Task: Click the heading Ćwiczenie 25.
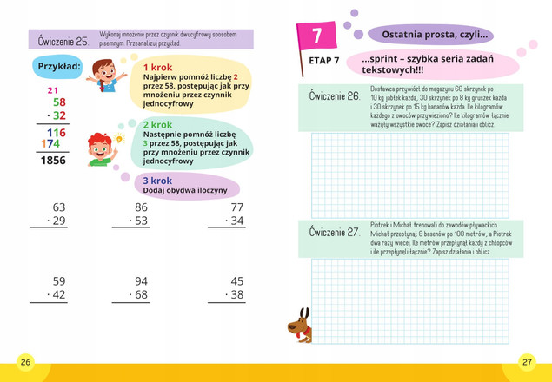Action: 64,41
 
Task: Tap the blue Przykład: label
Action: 60,67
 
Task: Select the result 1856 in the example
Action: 53,161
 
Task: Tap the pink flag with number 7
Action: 316,36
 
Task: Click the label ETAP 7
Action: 324,62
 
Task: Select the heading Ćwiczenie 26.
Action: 335,96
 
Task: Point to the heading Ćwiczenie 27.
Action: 335,233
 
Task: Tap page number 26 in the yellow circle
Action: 25,361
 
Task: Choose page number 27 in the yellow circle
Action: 527,361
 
